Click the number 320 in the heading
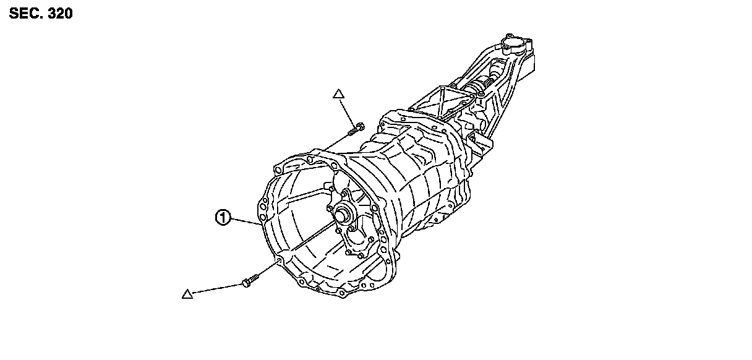[59, 14]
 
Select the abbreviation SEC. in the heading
[25, 14]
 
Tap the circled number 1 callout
[223, 217]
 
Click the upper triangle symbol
[338, 95]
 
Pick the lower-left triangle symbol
[187, 294]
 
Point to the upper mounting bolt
[356, 130]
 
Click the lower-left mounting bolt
[249, 281]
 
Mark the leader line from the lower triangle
[216, 289]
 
